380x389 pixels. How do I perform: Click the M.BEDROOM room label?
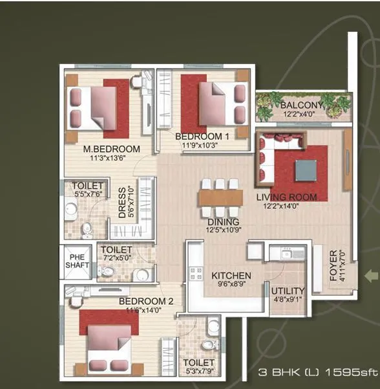tap(111, 148)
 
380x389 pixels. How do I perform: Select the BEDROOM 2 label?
tap(146, 301)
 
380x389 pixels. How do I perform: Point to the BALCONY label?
tap(301, 105)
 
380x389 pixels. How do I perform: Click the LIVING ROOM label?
tap(286, 197)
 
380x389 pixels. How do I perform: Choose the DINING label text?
tap(223, 221)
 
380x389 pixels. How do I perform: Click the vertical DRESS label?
tap(122, 203)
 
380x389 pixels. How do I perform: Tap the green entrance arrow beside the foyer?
tap(371, 276)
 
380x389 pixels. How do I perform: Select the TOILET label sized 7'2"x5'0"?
tap(117, 250)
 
